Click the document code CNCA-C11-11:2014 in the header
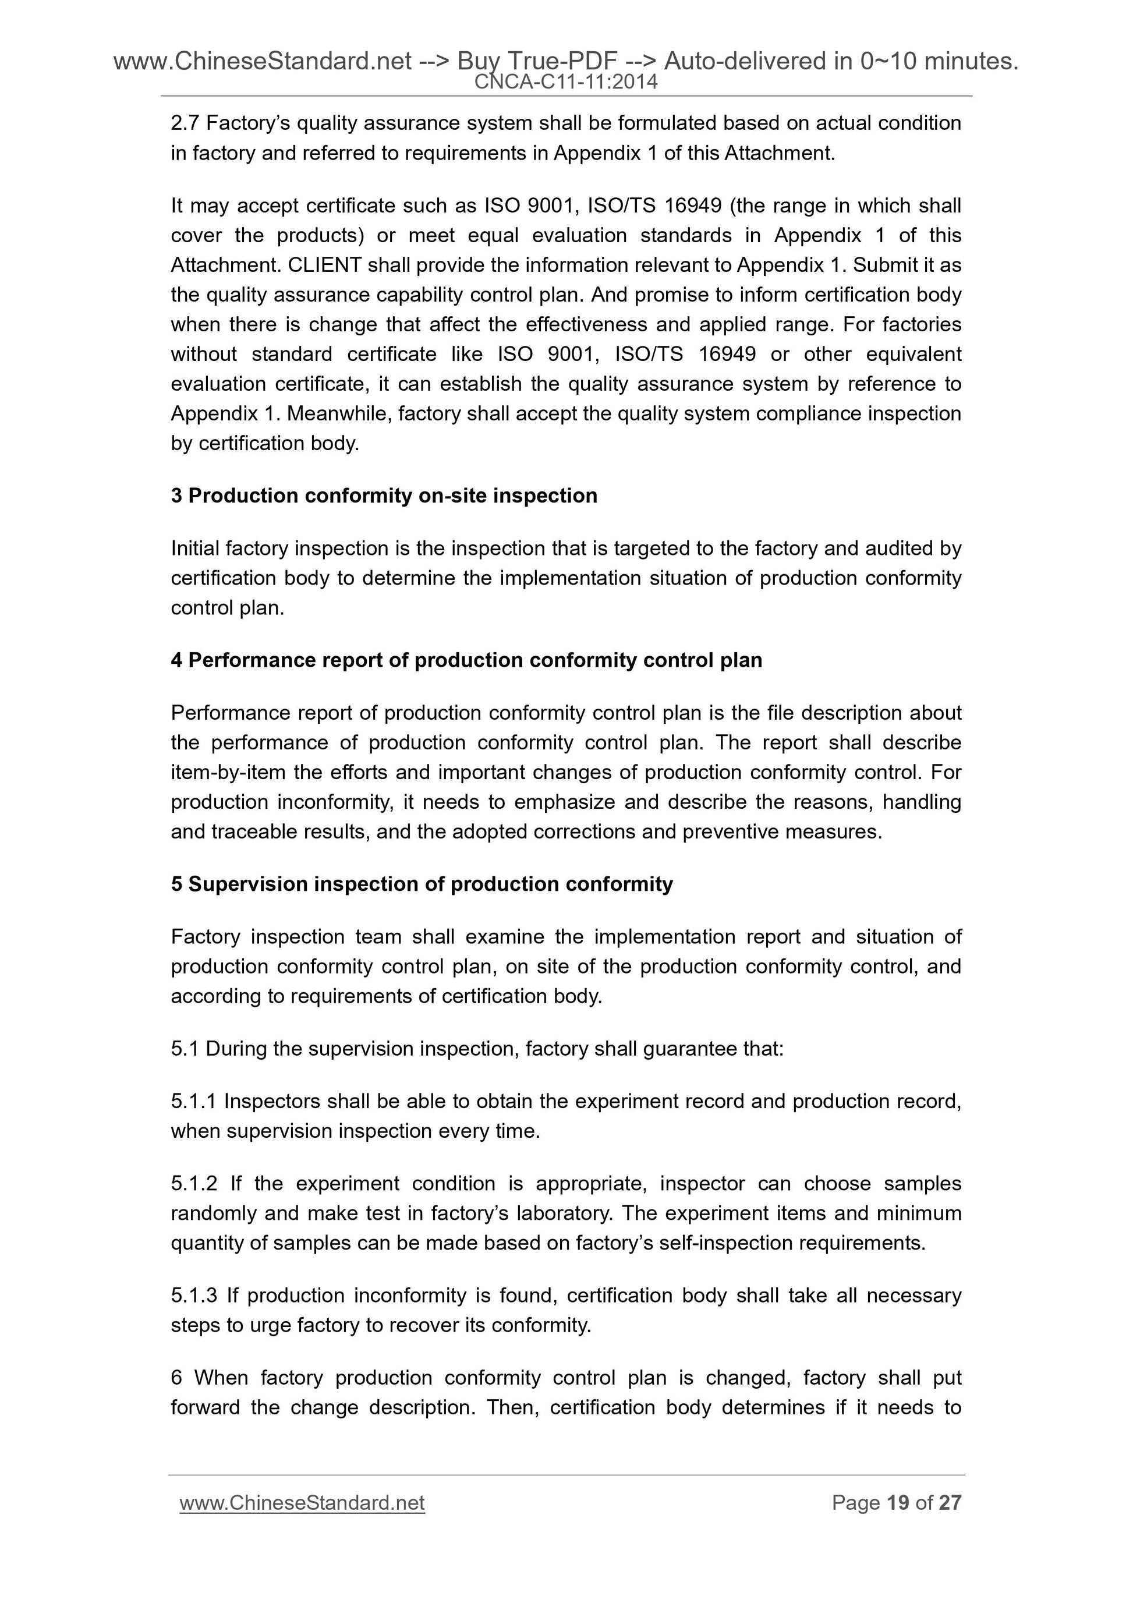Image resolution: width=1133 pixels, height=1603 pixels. pos(565,82)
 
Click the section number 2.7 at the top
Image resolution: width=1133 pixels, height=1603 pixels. pos(185,123)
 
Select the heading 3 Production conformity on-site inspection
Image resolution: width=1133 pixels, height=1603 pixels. pos(384,496)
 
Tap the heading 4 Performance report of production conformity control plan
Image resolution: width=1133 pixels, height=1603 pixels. pos(466,660)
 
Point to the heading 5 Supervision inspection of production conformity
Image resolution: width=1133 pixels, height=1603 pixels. pos(422,884)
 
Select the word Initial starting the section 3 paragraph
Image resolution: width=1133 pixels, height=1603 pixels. pos(195,549)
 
